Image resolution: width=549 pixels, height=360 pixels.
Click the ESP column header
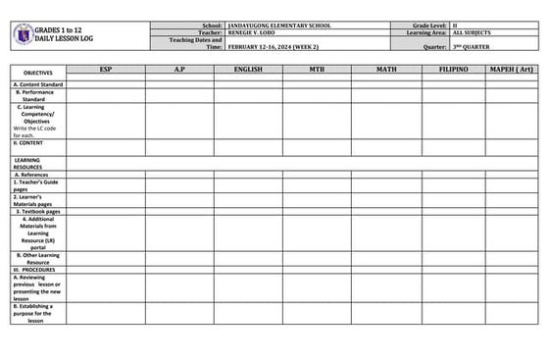pyautogui.click(x=106, y=70)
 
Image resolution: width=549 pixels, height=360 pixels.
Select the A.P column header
pyautogui.click(x=179, y=70)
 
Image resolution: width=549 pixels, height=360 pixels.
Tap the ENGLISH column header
pyautogui.click(x=248, y=70)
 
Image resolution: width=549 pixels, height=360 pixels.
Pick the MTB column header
pyautogui.click(x=317, y=70)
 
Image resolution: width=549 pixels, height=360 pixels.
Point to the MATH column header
pyautogui.click(x=385, y=70)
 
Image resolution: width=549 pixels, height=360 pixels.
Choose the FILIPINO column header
pyautogui.click(x=453, y=70)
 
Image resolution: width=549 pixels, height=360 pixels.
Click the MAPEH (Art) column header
pyautogui.click(x=512, y=70)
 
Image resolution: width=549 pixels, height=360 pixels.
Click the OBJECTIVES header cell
pyautogui.click(x=38, y=73)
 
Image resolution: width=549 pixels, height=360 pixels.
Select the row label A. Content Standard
pyautogui.click(x=38, y=84)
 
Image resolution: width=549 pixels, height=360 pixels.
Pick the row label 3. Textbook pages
pyautogui.click(x=39, y=211)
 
